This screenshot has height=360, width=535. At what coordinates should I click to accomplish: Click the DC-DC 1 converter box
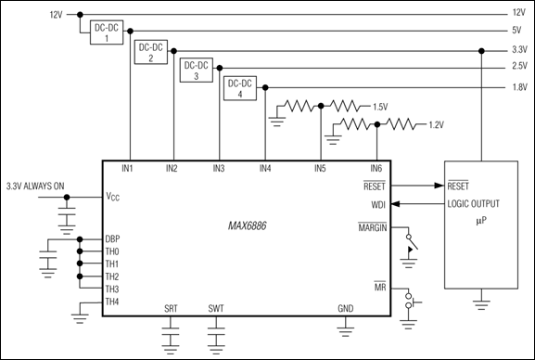pos(105,33)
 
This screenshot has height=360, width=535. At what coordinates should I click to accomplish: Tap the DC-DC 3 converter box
pos(196,70)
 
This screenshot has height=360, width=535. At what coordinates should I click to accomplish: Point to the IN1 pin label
pos(127,168)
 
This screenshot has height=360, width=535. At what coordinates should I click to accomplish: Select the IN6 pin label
pos(376,168)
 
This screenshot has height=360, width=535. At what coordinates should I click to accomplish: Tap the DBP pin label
pos(113,238)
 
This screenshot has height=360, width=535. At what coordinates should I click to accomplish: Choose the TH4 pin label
pos(113,302)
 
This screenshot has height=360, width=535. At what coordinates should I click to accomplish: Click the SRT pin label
pos(171,308)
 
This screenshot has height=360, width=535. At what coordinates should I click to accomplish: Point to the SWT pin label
pos(216,308)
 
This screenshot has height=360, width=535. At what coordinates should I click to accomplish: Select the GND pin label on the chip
pos(345,308)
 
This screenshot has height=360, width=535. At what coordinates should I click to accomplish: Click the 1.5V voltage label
pos(379,108)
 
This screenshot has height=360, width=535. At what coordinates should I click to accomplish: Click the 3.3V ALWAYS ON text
pos(35,186)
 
